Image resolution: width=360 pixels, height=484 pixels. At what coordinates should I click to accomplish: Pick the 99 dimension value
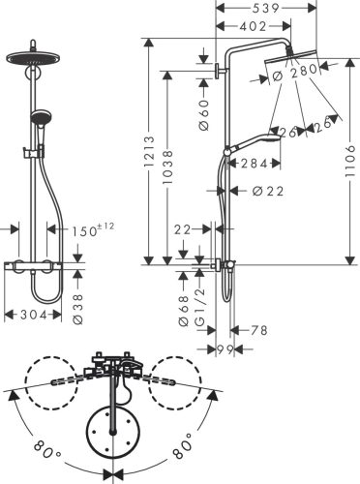click(225, 348)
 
